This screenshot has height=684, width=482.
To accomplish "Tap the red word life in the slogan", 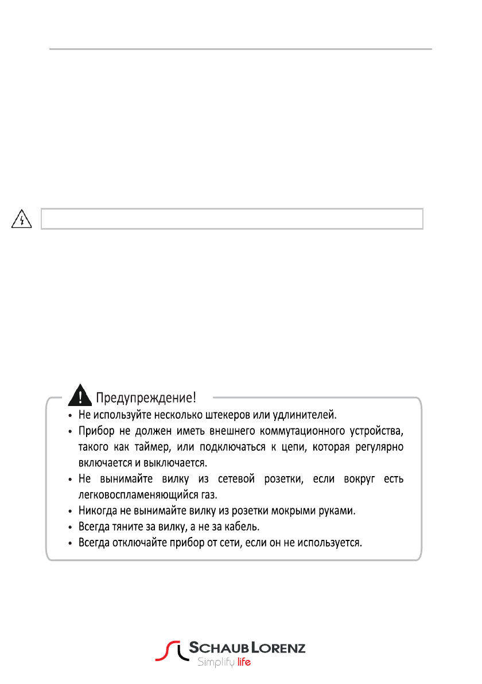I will pyautogui.click(x=244, y=663).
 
